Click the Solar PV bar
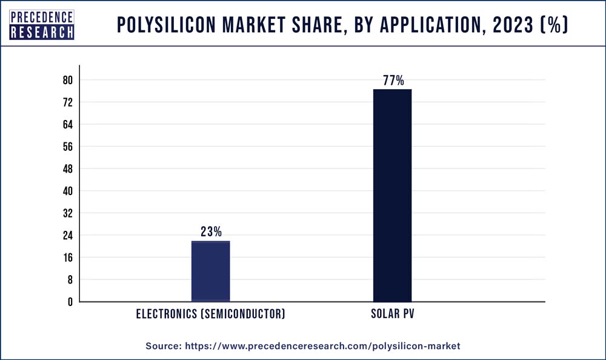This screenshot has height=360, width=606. pyautogui.click(x=392, y=195)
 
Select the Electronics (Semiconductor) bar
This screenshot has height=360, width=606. pyautogui.click(x=210, y=271)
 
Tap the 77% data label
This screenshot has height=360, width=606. pyautogui.click(x=393, y=81)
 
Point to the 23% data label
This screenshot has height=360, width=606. pyautogui.click(x=211, y=232)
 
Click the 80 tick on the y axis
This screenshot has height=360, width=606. pyautogui.click(x=68, y=81)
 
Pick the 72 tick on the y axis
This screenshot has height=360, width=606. pyautogui.click(x=68, y=102)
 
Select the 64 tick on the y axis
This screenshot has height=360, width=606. pyautogui.click(x=68, y=125)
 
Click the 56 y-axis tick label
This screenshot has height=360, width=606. pyautogui.click(x=68, y=147)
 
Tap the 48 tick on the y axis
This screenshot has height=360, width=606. pyautogui.click(x=68, y=169)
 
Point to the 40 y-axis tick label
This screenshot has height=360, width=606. pyautogui.click(x=68, y=191)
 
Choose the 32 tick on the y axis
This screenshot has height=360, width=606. pyautogui.click(x=68, y=213)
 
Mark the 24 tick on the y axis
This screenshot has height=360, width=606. pyautogui.click(x=68, y=235)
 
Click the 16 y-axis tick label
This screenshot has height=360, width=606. pyautogui.click(x=68, y=258)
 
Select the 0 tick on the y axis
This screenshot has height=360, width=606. pyautogui.click(x=70, y=302)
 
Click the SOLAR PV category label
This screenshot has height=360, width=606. pyautogui.click(x=392, y=315)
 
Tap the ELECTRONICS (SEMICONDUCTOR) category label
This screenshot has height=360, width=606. pyautogui.click(x=210, y=315)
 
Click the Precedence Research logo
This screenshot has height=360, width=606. pyautogui.click(x=42, y=25)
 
